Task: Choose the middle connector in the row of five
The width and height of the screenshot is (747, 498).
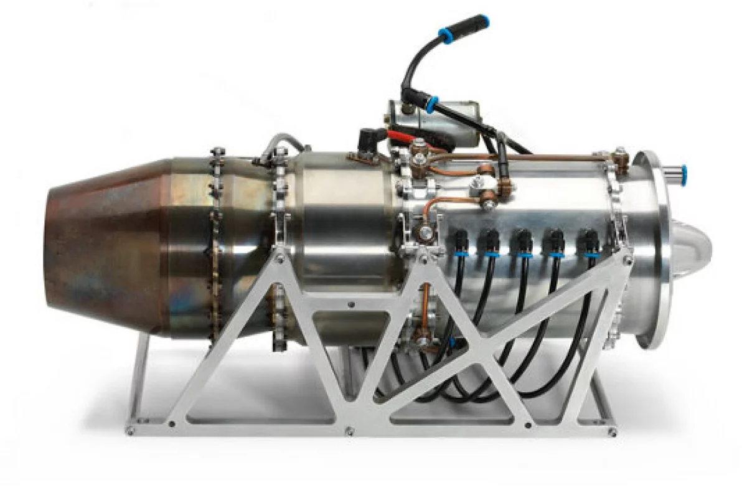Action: pyautogui.click(x=522, y=243)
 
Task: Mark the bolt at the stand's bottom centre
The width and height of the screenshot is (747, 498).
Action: pyautogui.click(x=349, y=430)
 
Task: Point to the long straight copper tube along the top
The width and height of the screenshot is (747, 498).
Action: pyautogui.click(x=548, y=157)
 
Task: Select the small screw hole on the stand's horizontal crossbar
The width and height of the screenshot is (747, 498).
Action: pyautogui.click(x=351, y=305)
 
